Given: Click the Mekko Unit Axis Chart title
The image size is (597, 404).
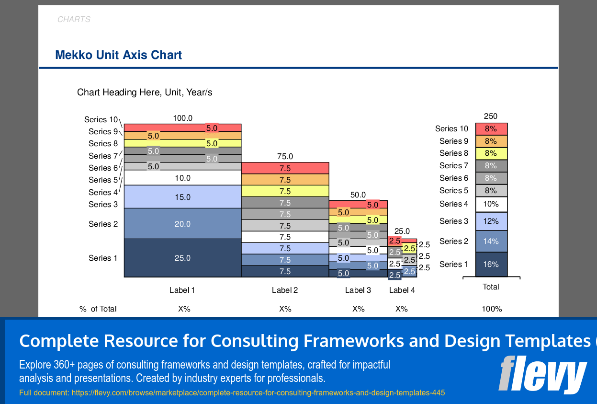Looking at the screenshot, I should tap(118, 55).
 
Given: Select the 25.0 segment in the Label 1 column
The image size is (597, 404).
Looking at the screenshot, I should tap(182, 258).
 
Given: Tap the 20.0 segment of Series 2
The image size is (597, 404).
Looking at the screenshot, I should tap(182, 224).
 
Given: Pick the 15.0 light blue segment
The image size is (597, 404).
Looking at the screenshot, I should tap(182, 197).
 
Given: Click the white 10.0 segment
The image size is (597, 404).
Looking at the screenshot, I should tap(182, 178).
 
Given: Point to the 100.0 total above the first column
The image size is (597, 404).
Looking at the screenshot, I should tap(182, 118).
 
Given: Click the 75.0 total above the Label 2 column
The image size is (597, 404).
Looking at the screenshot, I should tap(285, 156).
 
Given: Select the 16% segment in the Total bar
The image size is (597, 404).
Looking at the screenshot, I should tap(491, 264).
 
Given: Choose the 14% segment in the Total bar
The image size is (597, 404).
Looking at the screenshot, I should tap(491, 241).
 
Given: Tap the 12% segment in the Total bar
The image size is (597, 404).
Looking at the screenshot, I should tap(491, 221).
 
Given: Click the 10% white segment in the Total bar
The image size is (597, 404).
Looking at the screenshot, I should tap(491, 204).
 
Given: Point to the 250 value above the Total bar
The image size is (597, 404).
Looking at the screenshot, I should tap(491, 116).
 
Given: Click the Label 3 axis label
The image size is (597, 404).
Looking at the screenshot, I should tap(358, 290).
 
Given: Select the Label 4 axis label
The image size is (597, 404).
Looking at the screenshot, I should tap(402, 290).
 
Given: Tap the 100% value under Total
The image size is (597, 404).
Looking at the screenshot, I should tap(492, 309).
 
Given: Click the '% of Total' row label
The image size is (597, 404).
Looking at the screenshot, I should tap(98, 309).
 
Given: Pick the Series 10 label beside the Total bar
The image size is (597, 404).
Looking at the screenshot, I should tap(451, 128).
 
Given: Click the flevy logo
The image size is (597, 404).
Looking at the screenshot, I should tap(543, 374).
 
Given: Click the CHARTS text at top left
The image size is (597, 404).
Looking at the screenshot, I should tap(74, 20).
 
